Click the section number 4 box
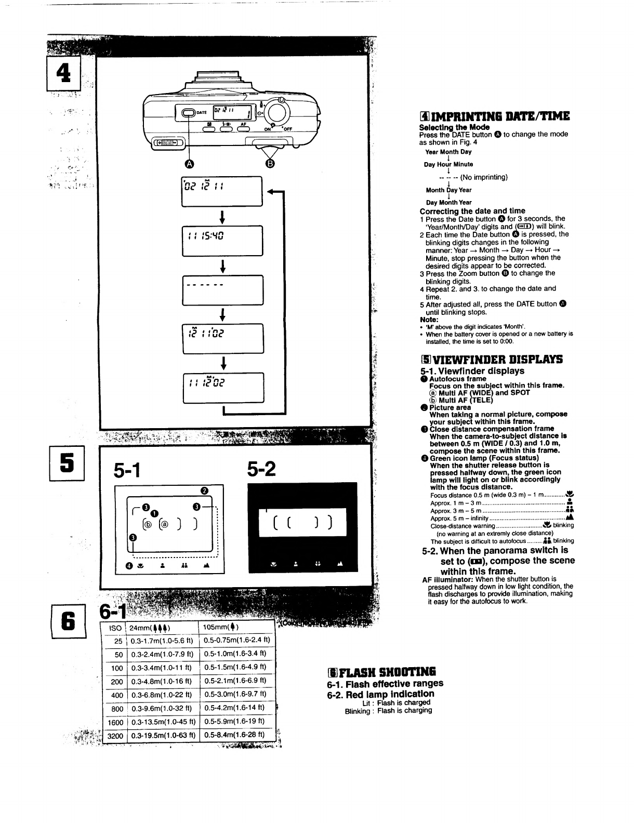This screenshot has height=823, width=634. tap(65, 73)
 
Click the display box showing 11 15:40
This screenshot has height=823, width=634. tap(222, 241)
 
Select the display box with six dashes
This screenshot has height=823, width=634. tap(222, 290)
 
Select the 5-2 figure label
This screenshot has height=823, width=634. tap(261, 470)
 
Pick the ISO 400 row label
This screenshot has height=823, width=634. tap(117, 695)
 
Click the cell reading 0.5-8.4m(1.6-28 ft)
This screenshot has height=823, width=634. tap(236, 735)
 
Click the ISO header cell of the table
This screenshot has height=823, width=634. tap(115, 628)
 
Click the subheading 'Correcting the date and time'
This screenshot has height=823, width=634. tap(472, 211)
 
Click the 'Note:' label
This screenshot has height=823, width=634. tap(429, 320)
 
